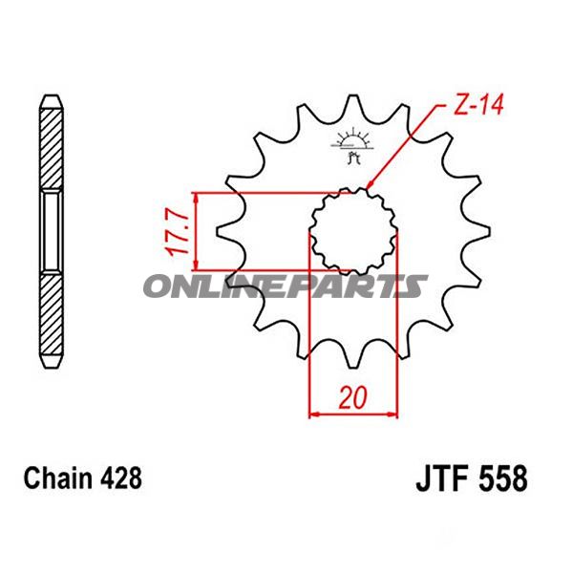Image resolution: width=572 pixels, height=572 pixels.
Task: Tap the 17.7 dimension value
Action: pyautogui.click(x=172, y=231)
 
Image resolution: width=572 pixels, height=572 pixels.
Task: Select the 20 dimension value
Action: pyautogui.click(x=352, y=394)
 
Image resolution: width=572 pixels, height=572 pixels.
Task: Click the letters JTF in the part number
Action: pyautogui.click(x=441, y=477)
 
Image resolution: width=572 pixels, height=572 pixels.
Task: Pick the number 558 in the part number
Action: pyautogui.click(x=502, y=477)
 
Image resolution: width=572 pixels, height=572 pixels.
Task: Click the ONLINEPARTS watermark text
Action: pyautogui.click(x=286, y=286)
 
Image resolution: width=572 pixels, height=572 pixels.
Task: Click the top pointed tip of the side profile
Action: pyautogui.click(x=52, y=96)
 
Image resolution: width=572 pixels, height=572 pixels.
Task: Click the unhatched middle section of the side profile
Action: pyautogui.click(x=52, y=232)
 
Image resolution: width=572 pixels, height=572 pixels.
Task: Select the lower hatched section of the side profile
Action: pyautogui.click(x=52, y=320)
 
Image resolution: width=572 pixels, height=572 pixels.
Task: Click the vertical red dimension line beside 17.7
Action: pyautogui.click(x=195, y=231)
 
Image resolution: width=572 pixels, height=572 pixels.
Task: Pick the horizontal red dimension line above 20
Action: pyautogui.click(x=352, y=414)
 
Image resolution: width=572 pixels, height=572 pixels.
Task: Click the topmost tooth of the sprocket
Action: pyautogui.click(x=355, y=105)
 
